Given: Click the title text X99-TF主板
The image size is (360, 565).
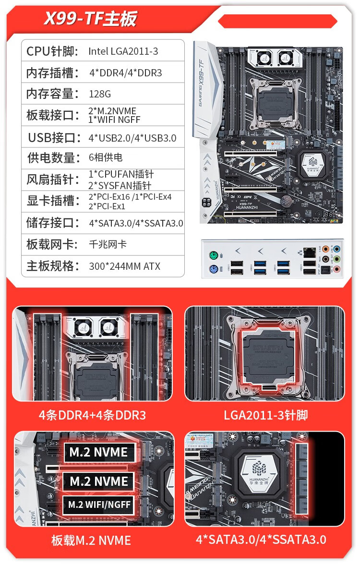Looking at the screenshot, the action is coord(90,18).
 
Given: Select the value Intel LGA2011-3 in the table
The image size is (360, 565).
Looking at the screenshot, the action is coord(123,51).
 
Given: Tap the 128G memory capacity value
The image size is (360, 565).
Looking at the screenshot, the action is coord(100,94).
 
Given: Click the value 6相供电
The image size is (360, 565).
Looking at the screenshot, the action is coord(106,157).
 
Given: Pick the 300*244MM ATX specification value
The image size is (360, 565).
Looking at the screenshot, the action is coord(125,266).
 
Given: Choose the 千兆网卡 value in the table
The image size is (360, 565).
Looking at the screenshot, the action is coord(108,244).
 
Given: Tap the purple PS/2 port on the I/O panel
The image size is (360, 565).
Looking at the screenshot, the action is coord(213,269).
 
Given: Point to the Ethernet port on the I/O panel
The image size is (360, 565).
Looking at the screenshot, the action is coord(309,252).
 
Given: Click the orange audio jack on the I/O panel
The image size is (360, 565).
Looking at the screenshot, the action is coord(325,249).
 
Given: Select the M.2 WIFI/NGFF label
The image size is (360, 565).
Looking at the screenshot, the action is coord(99,505).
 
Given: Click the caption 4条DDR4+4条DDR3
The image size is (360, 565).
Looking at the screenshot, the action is coord(92,415).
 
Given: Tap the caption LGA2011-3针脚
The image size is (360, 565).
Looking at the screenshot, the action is coord(265,415).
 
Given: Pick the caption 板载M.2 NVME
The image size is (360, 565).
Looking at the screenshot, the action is coord(91,540).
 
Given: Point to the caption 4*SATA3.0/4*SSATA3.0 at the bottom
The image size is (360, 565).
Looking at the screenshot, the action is coord(261,540).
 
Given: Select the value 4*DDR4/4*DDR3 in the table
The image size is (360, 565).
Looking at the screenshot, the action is coord(126,73).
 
